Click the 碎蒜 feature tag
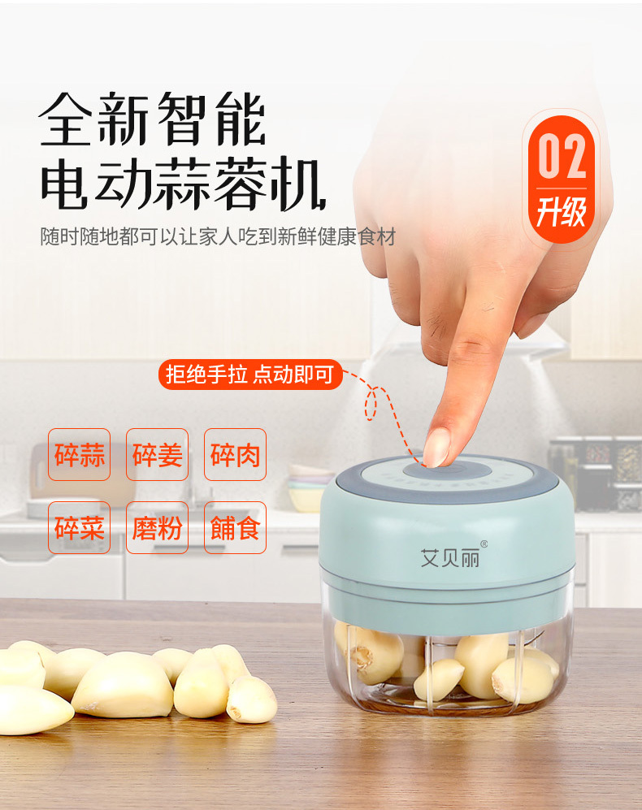point(79,455)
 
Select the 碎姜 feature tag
point(157,455)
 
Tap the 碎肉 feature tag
point(235,455)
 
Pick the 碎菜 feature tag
point(79,527)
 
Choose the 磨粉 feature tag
point(157,527)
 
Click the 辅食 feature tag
point(235,527)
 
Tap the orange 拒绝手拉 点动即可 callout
point(250,374)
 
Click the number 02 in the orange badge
point(562,156)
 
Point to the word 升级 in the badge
point(562,212)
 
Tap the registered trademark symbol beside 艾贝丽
point(484,544)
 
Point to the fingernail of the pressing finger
point(436,448)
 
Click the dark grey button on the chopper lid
point(445,470)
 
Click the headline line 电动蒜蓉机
point(183,184)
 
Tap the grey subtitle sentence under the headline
point(218,236)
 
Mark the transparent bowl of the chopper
point(448,659)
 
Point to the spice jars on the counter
point(594,474)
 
